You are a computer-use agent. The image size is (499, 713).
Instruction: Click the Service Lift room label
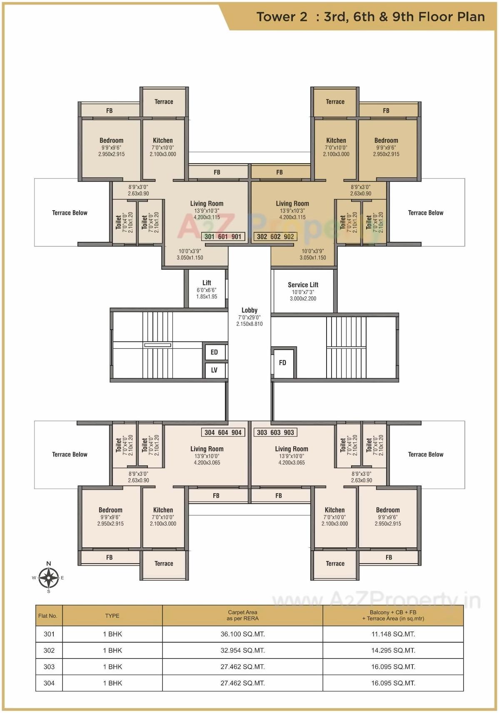click(303, 285)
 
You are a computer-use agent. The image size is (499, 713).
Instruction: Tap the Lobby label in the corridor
click(249, 311)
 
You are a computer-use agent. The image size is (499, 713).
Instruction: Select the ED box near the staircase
click(214, 352)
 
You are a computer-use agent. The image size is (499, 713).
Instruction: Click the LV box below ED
click(214, 370)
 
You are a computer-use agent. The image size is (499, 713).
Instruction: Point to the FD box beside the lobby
click(283, 363)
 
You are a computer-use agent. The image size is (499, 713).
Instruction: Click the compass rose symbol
click(49, 577)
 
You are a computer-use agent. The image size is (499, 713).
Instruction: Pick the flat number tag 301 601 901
click(223, 237)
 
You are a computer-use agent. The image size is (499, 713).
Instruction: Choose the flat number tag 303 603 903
click(275, 432)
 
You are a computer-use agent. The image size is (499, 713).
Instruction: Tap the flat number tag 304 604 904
click(223, 432)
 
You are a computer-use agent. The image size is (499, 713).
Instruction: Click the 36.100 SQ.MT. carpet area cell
click(242, 634)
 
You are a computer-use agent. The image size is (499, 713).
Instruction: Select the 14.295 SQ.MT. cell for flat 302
click(393, 650)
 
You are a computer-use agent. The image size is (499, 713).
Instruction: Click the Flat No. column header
click(48, 616)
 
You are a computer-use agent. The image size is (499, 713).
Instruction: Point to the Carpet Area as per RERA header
click(242, 615)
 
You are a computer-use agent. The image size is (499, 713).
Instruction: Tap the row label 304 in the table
click(49, 683)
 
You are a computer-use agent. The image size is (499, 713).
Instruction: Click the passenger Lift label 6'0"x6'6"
click(207, 290)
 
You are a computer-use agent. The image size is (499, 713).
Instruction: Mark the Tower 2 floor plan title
click(370, 17)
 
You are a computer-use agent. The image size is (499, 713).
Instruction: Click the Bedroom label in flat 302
click(386, 141)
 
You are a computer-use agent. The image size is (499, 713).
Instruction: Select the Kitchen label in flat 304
click(163, 510)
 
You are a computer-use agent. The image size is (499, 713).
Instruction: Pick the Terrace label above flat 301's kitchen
click(164, 102)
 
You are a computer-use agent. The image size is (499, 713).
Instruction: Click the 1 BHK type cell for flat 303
click(112, 666)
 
